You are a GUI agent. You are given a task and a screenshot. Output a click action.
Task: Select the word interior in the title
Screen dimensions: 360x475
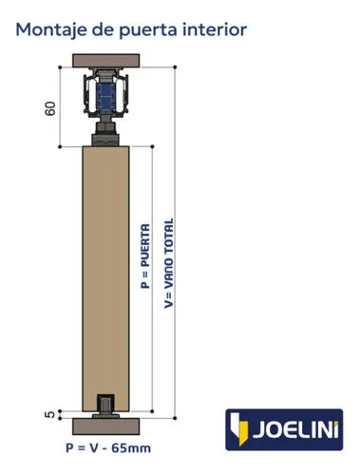(215, 29)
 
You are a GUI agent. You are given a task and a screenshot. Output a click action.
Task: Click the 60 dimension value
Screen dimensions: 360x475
(50, 108)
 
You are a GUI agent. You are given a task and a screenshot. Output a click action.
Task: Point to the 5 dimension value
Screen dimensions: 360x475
(50, 414)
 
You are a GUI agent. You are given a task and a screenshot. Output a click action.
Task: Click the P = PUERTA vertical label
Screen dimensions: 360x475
(145, 256)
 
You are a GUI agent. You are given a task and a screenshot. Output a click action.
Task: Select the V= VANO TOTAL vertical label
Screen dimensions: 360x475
(169, 263)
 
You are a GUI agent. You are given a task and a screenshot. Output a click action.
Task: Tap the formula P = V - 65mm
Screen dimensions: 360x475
(108, 448)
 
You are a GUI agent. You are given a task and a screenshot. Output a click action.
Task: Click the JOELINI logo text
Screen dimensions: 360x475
(295, 429)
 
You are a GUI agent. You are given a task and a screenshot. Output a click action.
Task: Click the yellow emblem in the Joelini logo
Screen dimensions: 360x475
(238, 428)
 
